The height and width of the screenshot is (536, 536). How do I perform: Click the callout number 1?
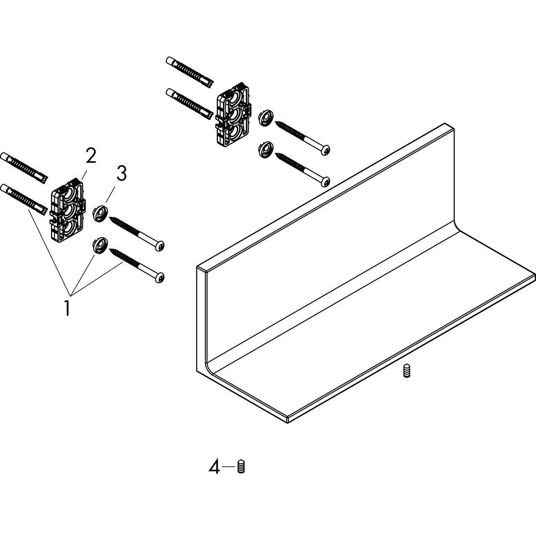pyautogui.click(x=67, y=308)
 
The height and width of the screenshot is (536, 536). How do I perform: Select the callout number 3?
pyautogui.click(x=122, y=173)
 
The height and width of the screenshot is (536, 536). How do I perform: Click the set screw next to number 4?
pyautogui.click(x=241, y=467)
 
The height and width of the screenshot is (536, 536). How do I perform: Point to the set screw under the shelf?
pyautogui.click(x=406, y=371)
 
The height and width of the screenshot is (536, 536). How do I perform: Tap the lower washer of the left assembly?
pyautogui.click(x=99, y=246)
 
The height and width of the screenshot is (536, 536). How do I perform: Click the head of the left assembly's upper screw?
pyautogui.click(x=160, y=246)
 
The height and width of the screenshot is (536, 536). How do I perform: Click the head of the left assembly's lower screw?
pyautogui.click(x=159, y=277)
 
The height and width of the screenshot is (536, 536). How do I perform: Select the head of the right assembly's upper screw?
pyautogui.click(x=326, y=150)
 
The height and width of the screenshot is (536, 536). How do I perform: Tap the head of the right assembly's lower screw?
pyautogui.click(x=326, y=181)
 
